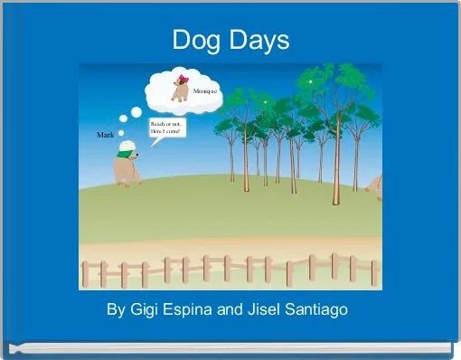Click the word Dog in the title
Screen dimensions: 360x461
tap(195, 41)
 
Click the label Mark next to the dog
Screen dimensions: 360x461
tap(105, 135)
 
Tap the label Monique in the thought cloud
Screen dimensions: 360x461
tap(204, 94)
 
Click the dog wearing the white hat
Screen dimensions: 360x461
tap(127, 166)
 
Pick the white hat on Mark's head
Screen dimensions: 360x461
tap(128, 145)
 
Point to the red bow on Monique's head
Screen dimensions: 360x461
tap(184, 78)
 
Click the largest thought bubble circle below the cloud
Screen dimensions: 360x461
tap(136, 113)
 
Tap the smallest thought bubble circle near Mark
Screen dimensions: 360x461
tap(121, 132)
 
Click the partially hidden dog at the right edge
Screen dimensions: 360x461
tap(374, 186)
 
